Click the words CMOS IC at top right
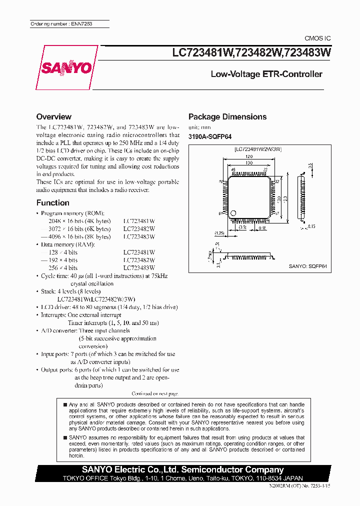pos(317,38)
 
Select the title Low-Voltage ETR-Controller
pos(266,74)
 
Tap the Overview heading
pos(54,116)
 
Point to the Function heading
pos(53,202)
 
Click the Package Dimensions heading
pos(227,116)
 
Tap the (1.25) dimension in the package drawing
pos(219,233)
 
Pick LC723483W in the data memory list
pos(139,268)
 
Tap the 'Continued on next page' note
pos(154,393)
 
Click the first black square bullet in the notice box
pos(65,404)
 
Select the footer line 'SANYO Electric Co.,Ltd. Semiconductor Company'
pos(183,470)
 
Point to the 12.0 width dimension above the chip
pos(248,156)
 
